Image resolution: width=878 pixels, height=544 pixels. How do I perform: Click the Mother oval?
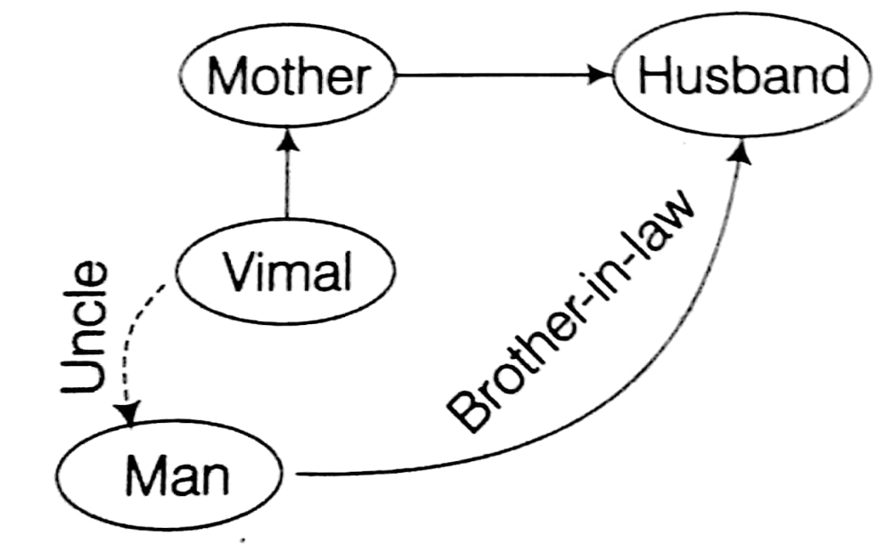click(287, 77)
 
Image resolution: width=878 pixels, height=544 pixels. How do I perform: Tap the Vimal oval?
click(286, 272)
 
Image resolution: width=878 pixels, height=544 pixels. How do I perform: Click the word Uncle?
click(88, 329)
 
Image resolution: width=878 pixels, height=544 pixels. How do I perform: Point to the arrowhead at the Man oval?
click(130, 413)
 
